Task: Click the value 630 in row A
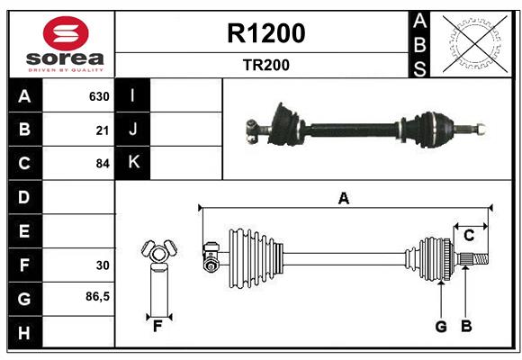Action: [98, 96]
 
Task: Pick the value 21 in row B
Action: [102, 130]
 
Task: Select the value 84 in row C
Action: [102, 164]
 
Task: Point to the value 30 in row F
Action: [102, 265]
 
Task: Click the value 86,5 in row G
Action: [96, 297]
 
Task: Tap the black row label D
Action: [24, 197]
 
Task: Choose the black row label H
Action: [24, 332]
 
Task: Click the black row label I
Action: [133, 96]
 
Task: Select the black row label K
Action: [133, 163]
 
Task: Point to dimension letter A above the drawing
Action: [343, 199]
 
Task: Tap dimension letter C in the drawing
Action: [469, 236]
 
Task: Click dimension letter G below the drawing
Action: [441, 327]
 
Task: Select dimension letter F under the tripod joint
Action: [157, 327]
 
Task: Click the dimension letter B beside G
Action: [466, 327]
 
